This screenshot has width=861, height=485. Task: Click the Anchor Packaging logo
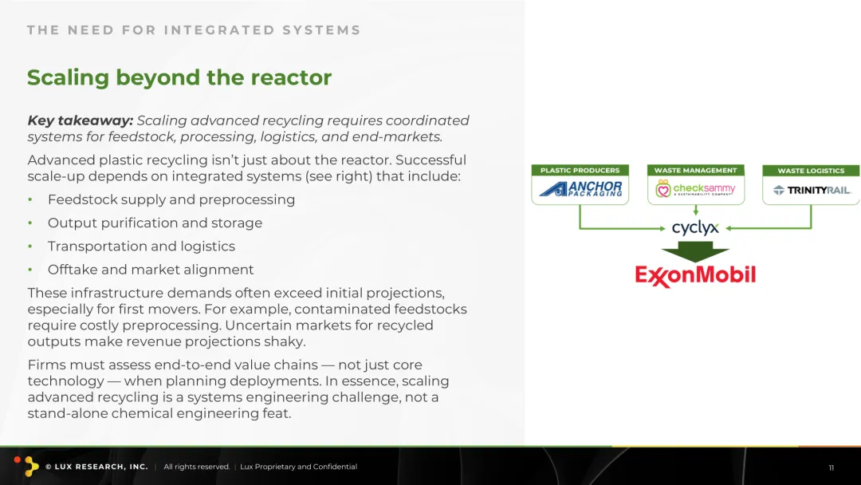coord(580,189)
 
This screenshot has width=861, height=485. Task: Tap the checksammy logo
coord(695,189)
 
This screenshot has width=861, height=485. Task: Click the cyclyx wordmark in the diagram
coord(695,227)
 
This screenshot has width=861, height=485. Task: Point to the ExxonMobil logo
coord(695,275)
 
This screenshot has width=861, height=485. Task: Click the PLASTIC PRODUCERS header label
coord(580,170)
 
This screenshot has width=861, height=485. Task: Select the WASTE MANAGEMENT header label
coord(696,170)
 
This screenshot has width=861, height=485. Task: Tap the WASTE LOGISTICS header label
coord(811,171)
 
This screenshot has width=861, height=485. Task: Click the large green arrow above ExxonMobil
coord(695,251)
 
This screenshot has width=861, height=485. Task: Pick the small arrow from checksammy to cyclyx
coord(696,211)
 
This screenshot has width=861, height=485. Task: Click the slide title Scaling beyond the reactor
coord(179,77)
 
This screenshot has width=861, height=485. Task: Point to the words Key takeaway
coord(81,120)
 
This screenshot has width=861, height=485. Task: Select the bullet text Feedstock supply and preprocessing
coord(171,199)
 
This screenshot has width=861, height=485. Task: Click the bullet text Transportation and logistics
coord(141,246)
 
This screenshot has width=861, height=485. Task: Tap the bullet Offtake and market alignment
coord(151,269)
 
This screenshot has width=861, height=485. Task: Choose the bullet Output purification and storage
coord(155,223)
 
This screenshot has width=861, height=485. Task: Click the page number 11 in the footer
coord(832,468)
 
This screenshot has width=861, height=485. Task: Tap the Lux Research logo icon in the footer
coord(27,466)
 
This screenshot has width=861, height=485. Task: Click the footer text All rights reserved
coord(197,467)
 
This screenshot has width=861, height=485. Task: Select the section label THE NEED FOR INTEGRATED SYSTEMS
coord(194,30)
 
